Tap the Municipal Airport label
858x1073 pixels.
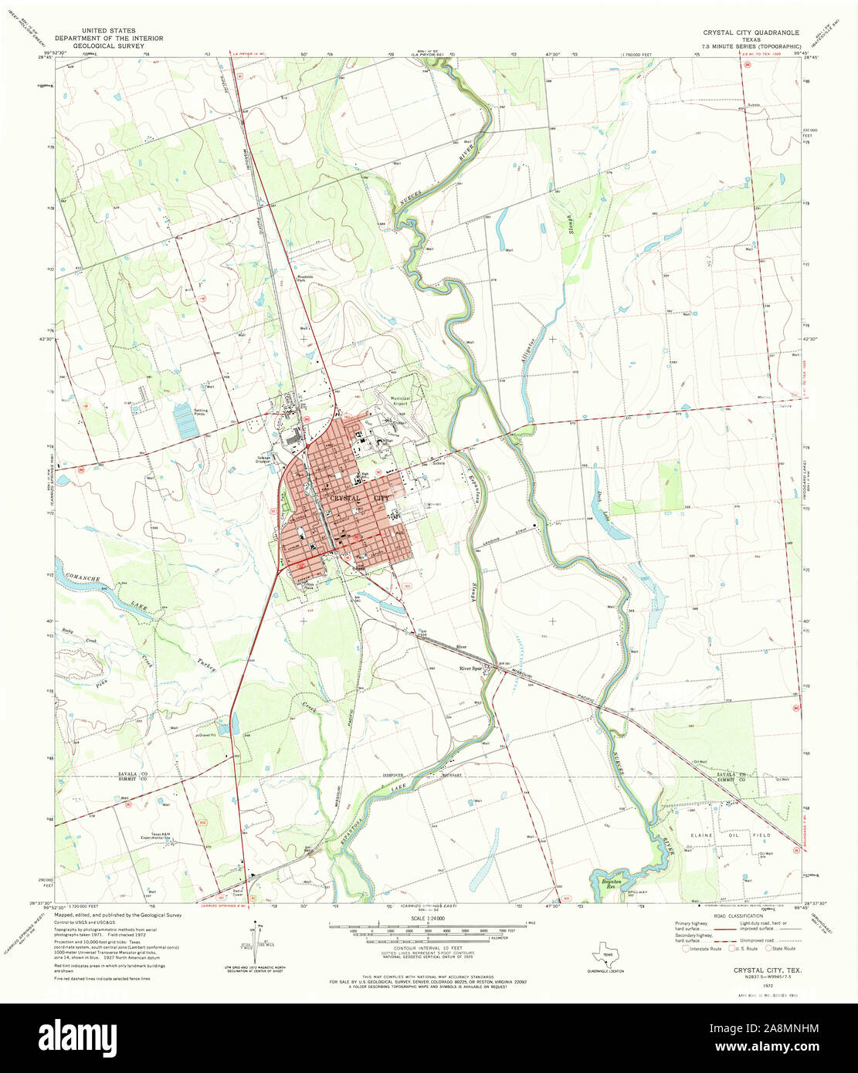pos(401,401)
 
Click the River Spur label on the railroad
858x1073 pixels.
pos(470,669)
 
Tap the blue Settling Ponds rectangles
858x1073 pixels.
pos(185,421)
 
